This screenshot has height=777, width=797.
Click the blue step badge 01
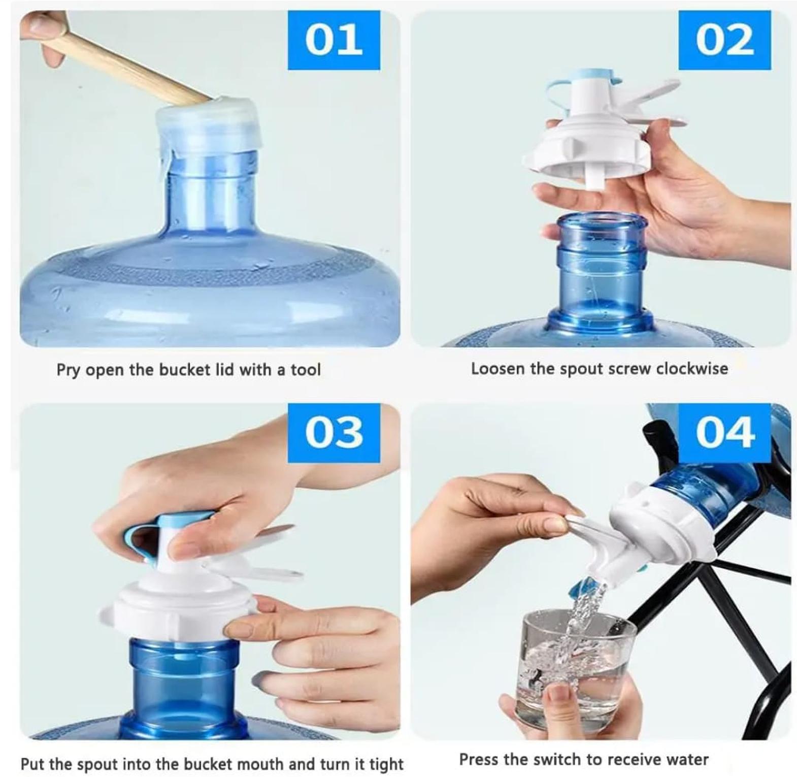(x=334, y=40)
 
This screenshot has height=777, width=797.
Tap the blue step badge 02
(x=724, y=40)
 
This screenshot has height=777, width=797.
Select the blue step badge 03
(x=334, y=433)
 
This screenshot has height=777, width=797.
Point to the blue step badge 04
(x=724, y=433)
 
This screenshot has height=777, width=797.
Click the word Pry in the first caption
(x=69, y=370)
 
